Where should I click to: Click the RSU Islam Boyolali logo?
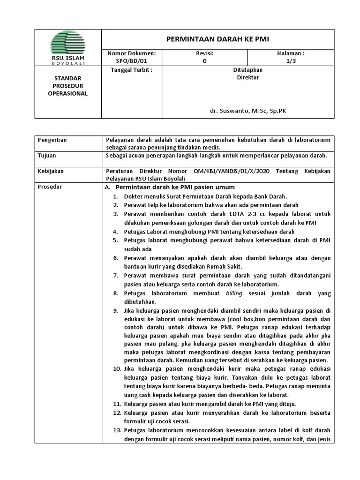[68, 45]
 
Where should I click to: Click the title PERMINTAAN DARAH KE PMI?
[217, 39]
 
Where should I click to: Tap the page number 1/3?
[291, 61]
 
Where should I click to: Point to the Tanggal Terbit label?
[131, 70]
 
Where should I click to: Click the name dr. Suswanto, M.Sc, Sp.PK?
[248, 112]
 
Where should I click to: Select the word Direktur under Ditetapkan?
[248, 77]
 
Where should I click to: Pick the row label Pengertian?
[52, 140]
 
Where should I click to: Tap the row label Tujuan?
[47, 156]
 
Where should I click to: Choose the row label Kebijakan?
[51, 171]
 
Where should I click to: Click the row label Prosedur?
[50, 187]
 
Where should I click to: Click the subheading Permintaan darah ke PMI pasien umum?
[168, 187]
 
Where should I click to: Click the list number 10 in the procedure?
[118, 369]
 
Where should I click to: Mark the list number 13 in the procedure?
[118, 430]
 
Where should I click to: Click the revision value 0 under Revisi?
[204, 61]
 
